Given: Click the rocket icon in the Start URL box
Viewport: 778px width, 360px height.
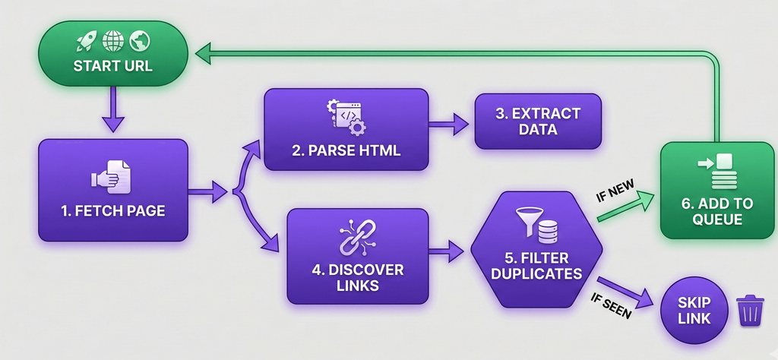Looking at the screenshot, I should click(x=86, y=39).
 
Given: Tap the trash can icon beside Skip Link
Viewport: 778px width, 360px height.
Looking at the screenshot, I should click(x=749, y=311).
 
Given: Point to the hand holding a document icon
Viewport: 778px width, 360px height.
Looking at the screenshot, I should click(x=111, y=177).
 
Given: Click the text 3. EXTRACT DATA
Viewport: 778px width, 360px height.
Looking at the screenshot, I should click(x=538, y=122).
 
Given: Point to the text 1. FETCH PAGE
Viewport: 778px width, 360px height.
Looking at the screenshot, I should click(x=112, y=210).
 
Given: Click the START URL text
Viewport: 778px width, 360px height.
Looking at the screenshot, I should click(x=112, y=66).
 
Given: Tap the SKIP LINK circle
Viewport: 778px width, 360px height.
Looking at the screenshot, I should click(x=694, y=310).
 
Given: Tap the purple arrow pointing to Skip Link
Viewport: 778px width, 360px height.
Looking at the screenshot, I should click(x=627, y=292).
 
